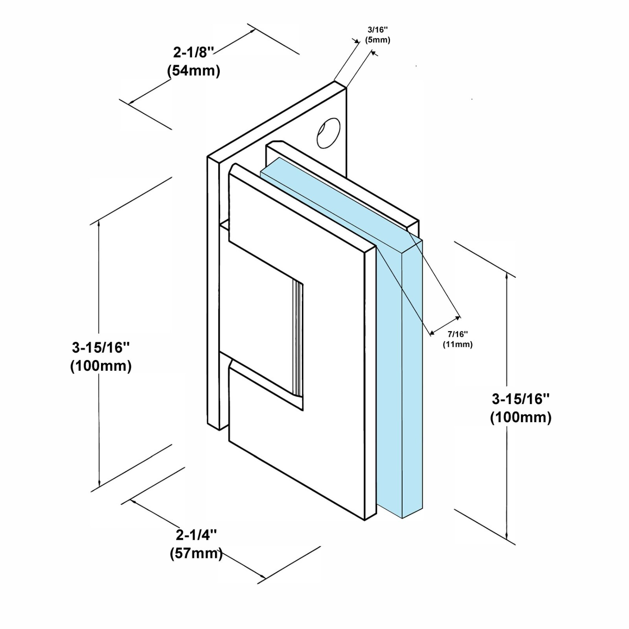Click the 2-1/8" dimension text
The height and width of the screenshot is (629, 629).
194,51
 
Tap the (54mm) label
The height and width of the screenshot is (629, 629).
193,71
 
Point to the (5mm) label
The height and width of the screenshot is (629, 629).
377,40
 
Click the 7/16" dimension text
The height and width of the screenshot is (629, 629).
458,334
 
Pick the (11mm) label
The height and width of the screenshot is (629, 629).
458,344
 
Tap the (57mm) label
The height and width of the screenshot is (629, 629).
196,554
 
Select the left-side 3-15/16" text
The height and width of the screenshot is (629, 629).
101,347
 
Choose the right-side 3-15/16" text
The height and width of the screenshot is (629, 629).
520,399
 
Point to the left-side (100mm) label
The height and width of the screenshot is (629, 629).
101,366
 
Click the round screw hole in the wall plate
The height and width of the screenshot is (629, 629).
328,132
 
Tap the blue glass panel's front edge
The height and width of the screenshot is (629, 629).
412,377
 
